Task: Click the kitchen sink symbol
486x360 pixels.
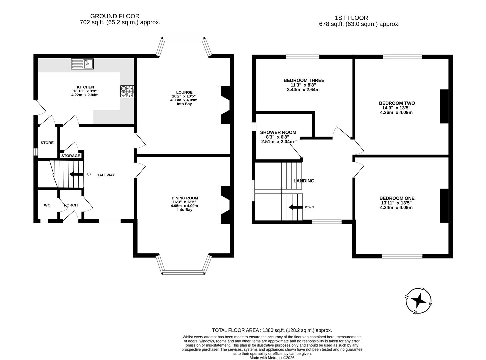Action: pyautogui.click(x=82, y=64)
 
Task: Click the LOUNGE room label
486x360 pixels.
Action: pyautogui.click(x=184, y=92)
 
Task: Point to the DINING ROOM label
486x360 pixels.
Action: pyautogui.click(x=185, y=198)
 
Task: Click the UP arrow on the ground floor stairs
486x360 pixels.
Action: pyautogui.click(x=76, y=174)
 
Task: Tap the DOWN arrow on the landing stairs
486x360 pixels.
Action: pyautogui.click(x=295, y=207)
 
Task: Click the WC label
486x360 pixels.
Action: pyautogui.click(x=47, y=205)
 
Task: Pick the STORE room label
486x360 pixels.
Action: pyautogui.click(x=47, y=143)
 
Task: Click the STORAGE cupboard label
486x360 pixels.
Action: pyautogui.click(x=71, y=156)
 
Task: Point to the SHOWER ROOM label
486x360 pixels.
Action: pyautogui.click(x=278, y=132)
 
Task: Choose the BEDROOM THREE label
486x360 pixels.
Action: pyautogui.click(x=304, y=80)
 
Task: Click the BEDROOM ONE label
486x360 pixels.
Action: pyautogui.click(x=397, y=198)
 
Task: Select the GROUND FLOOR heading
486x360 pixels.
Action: pyautogui.click(x=115, y=16)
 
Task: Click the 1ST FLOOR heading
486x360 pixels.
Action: pyautogui.click(x=351, y=18)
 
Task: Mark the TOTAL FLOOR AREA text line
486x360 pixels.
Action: pyautogui.click(x=272, y=330)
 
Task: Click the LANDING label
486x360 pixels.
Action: pyautogui.click(x=304, y=181)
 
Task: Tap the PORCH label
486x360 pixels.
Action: pyautogui.click(x=71, y=205)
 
